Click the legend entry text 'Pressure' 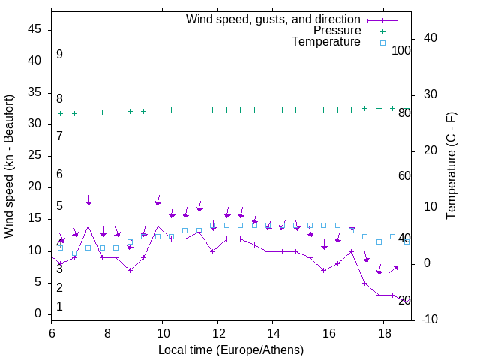click(337, 31)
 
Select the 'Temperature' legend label click(326, 42)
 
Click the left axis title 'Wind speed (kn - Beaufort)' click(9, 166)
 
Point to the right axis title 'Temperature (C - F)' click(451, 166)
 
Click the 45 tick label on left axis click(34, 30)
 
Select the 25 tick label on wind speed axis click(34, 155)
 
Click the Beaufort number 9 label click(59, 55)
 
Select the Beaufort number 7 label click(59, 136)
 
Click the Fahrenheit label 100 click(401, 50)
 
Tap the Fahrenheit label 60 click(404, 175)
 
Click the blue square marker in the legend click(382, 43)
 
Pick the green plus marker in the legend click(382, 31)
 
